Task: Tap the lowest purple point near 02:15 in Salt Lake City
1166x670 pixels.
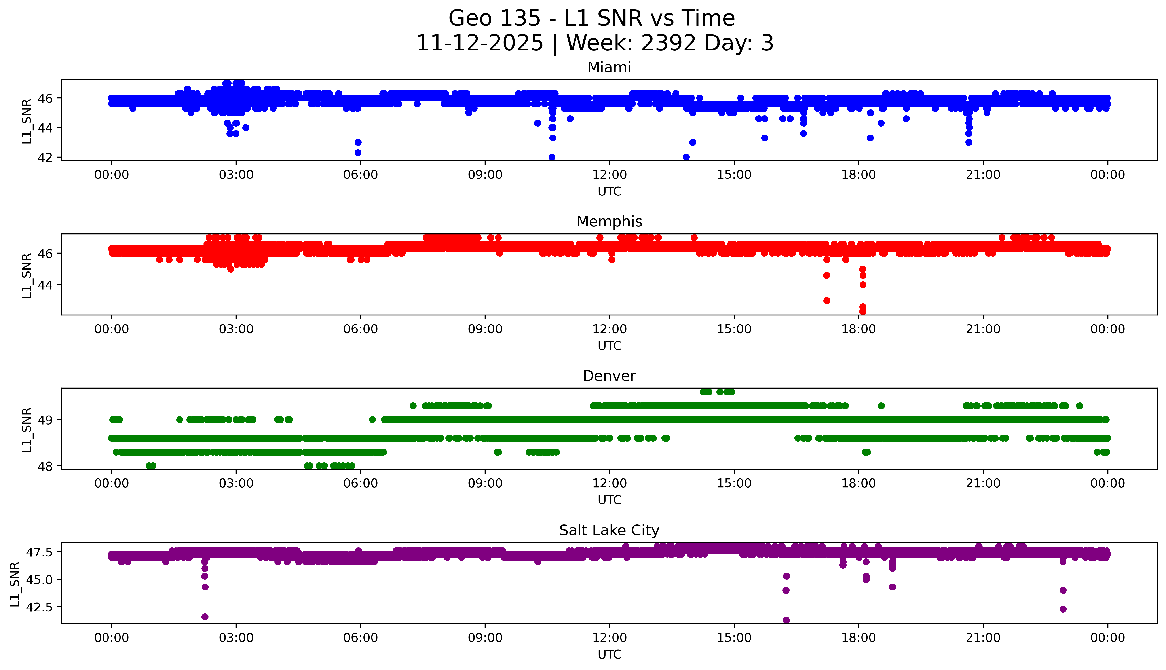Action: tap(205, 617)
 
